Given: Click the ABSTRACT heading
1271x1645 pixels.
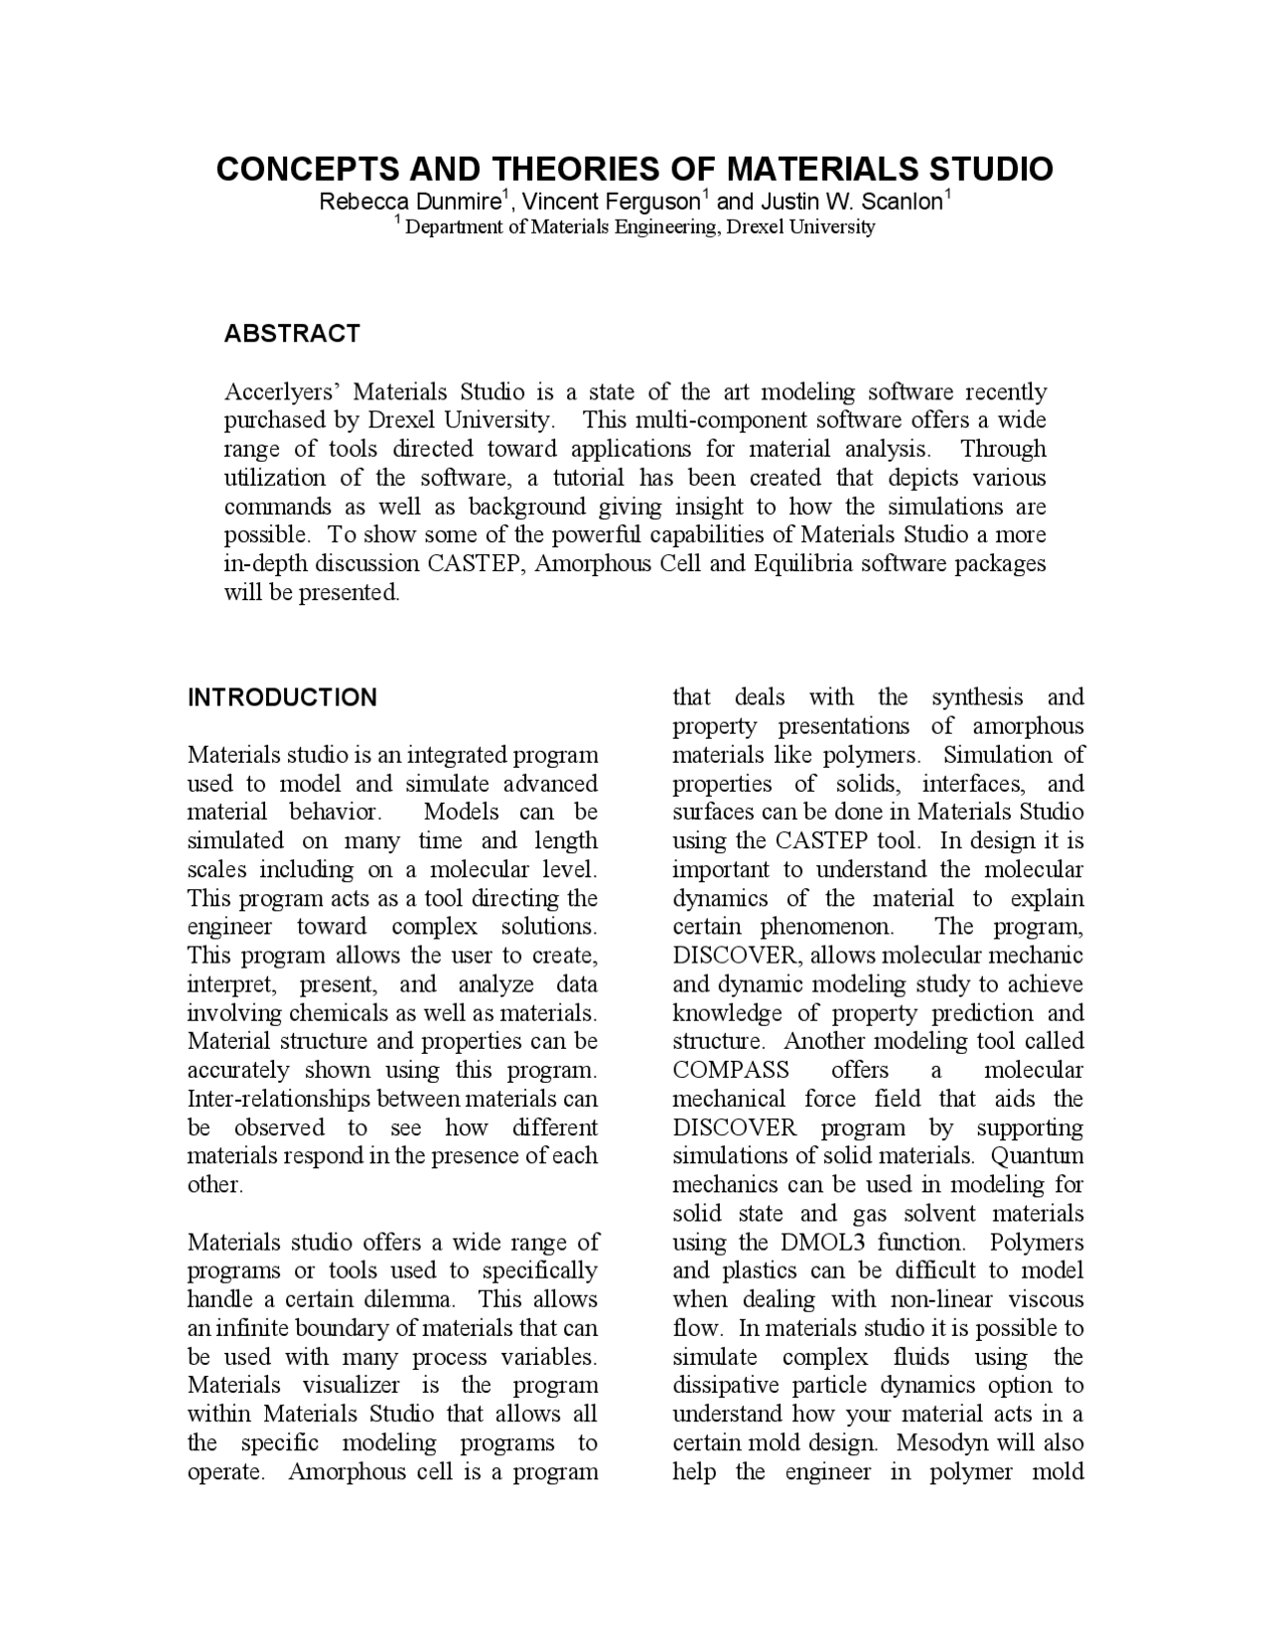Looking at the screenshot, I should pyautogui.click(x=291, y=334).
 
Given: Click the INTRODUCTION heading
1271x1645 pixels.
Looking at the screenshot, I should pyautogui.click(x=282, y=697).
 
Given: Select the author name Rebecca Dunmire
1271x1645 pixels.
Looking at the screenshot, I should pyautogui.click(x=409, y=202).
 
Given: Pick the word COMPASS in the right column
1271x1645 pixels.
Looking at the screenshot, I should pyautogui.click(x=731, y=1070).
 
